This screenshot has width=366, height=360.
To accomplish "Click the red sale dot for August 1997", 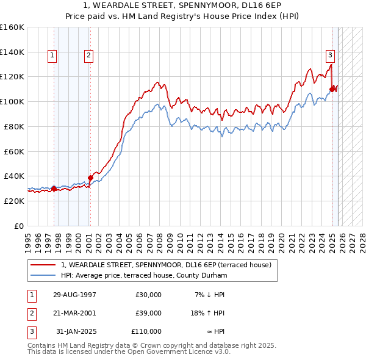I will [x=54, y=189].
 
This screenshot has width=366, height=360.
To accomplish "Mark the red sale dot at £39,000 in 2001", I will [x=90, y=178].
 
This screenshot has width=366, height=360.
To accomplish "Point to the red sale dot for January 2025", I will [x=332, y=89].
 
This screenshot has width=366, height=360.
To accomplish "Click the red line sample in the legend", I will [x=43, y=265].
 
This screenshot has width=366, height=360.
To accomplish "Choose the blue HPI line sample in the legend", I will [x=43, y=275].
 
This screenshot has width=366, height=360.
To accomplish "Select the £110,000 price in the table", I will [x=146, y=331].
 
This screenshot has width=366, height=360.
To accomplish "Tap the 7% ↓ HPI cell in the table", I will [x=210, y=295].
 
